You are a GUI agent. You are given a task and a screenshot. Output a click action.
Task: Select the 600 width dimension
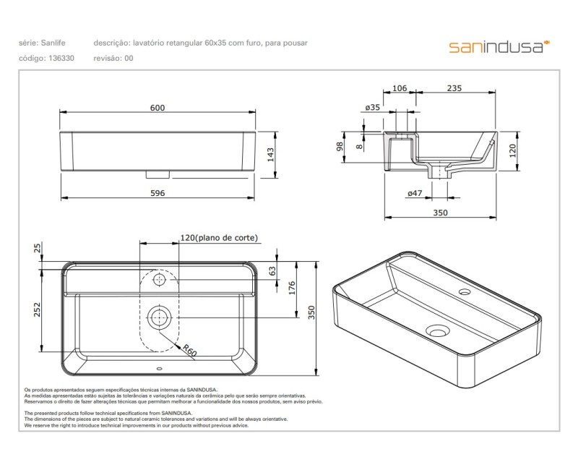click(158, 108)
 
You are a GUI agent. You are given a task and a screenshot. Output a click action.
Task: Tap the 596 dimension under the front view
click(158, 193)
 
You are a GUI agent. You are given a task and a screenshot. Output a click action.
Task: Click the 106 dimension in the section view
click(400, 89)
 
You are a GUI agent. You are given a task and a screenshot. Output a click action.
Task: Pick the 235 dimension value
click(454, 89)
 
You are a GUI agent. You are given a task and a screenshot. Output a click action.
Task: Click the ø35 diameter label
click(373, 108)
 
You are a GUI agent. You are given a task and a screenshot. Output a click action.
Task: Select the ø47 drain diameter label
click(415, 193)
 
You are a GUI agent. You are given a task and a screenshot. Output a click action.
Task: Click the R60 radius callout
click(189, 351)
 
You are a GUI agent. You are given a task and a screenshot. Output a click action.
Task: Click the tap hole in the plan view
click(159, 278)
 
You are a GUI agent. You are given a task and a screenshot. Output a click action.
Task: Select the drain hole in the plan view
click(159, 315)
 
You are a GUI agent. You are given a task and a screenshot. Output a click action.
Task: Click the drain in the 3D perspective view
click(436, 331)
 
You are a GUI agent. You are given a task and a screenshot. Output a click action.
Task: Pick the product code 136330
click(61, 58)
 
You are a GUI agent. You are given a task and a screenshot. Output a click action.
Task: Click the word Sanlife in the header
click(55, 43)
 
